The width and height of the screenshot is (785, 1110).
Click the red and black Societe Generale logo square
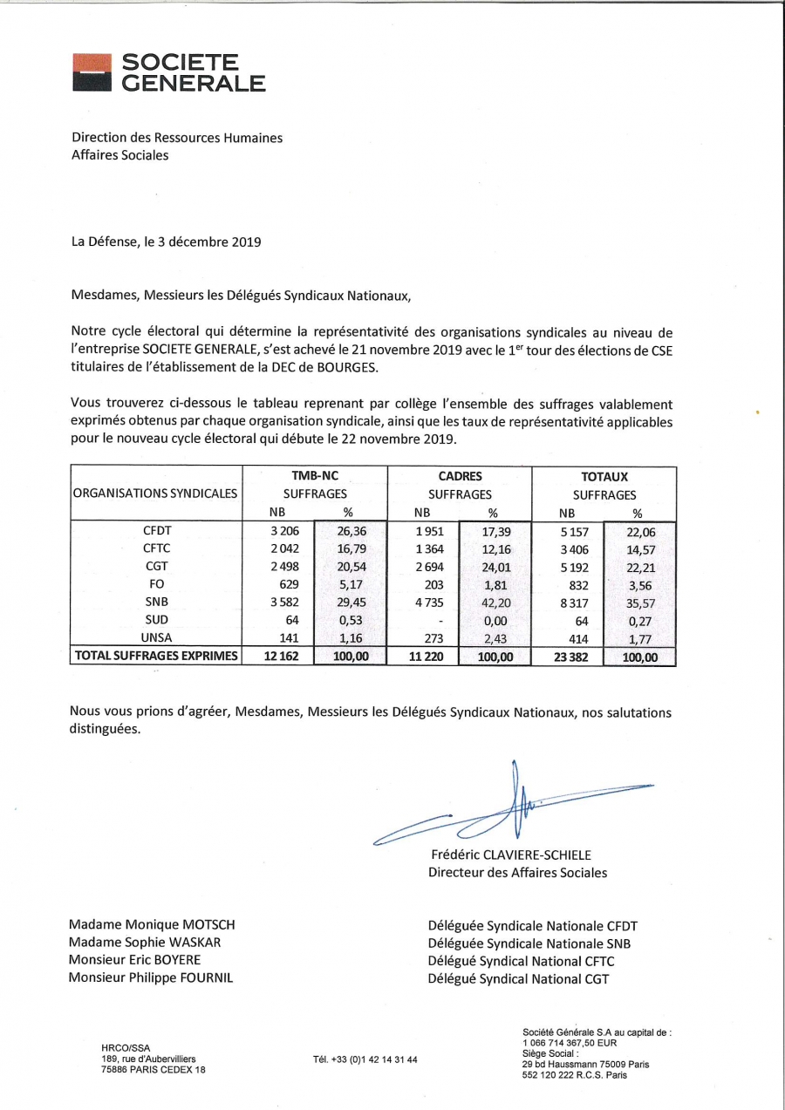pos(92,72)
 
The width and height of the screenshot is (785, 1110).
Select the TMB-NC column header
pos(314,477)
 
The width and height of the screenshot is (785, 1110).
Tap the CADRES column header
pos(460,477)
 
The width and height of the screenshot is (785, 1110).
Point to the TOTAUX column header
pos(604,477)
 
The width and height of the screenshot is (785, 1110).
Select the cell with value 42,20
pos(495,603)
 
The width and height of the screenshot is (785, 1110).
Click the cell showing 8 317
pos(572,603)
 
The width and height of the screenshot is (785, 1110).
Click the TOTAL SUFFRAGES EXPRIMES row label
pos(156,657)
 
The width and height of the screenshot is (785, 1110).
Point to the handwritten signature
pos(515,807)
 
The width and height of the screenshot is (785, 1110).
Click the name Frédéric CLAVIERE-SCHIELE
pos(510,855)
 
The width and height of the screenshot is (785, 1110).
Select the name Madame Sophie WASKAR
pos(145,943)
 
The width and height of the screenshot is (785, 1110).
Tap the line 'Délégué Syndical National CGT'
pos(518,978)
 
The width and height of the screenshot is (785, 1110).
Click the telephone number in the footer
pos(365,1059)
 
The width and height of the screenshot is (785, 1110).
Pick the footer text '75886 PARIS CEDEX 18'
pos(154,1070)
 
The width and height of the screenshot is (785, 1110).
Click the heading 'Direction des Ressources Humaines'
pos(177,137)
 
